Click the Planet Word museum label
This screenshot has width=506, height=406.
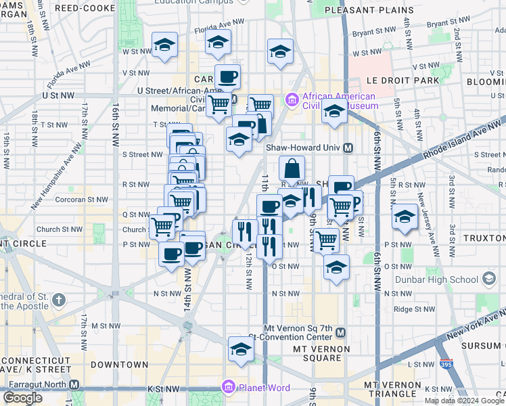[265, 388]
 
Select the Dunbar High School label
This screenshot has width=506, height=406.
[444, 279]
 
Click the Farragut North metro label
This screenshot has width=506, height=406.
[35, 384]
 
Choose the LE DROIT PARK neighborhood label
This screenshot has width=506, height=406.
[402, 81]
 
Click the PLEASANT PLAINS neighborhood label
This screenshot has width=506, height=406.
[369, 11]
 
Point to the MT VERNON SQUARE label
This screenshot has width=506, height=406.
[321, 348]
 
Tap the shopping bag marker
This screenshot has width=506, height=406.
[292, 168]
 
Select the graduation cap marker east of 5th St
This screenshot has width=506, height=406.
[405, 217]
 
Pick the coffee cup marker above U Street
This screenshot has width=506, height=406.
[227, 76]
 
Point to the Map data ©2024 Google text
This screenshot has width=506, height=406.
[463, 401]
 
